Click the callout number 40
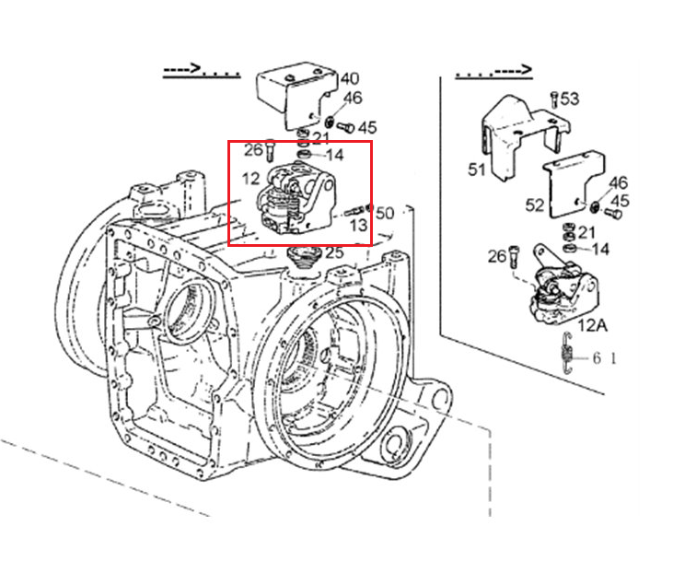(349, 78)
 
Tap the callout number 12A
(592, 325)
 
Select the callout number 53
(570, 99)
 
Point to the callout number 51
(476, 169)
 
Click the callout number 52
(535, 205)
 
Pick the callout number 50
(384, 213)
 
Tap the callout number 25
(334, 252)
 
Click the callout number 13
(358, 225)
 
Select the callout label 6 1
(604, 357)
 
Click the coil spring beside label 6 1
(567, 353)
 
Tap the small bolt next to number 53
(554, 99)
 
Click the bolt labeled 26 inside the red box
(270, 150)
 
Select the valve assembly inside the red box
(296, 198)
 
